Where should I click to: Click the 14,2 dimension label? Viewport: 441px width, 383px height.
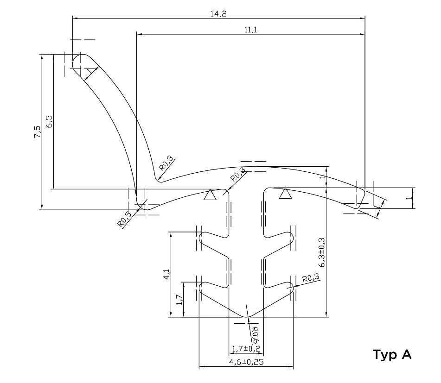(218, 14)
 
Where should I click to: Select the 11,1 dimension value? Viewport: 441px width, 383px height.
(250, 30)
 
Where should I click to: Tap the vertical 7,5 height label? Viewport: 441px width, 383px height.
(38, 132)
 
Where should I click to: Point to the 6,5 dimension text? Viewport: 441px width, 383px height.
(49, 121)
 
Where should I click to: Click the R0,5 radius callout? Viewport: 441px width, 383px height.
(124, 219)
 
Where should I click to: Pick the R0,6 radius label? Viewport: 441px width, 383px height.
(255, 335)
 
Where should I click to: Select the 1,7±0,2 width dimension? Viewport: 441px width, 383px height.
(246, 349)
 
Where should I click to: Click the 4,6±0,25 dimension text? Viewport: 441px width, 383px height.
(246, 362)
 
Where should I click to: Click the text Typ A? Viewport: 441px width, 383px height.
(392, 355)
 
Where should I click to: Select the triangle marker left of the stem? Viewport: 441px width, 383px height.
(210, 195)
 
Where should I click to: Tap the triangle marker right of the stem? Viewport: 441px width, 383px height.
(286, 193)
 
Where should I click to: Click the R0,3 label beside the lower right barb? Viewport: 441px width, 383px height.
(311, 278)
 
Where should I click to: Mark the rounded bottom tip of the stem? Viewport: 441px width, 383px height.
(247, 316)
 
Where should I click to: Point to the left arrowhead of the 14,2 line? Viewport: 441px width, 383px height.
(75, 18)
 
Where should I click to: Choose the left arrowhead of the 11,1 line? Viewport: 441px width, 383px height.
(139, 34)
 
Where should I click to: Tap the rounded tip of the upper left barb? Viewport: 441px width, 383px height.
(201, 238)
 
